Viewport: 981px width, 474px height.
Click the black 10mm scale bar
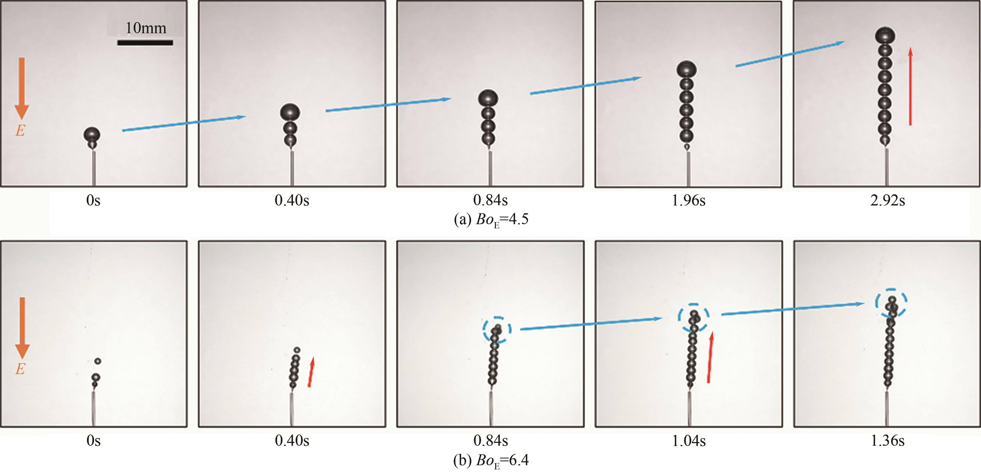(145, 43)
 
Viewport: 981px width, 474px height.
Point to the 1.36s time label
(887, 441)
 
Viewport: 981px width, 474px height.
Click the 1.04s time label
(689, 441)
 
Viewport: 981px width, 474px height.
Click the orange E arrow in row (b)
(22, 328)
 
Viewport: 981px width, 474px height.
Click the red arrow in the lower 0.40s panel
(311, 372)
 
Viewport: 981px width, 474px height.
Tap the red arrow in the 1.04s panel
(710, 357)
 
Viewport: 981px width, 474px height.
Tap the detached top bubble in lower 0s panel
(98, 361)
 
